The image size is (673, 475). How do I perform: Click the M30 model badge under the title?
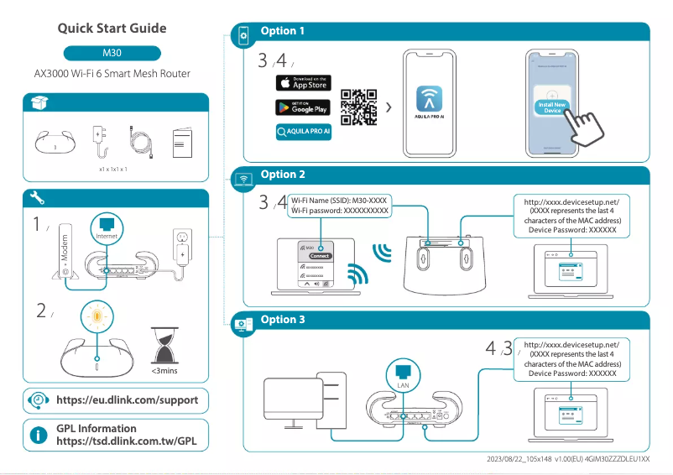coord(112,52)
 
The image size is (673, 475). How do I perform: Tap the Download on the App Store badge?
coord(303,83)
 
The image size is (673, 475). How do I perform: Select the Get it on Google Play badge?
coord(303,107)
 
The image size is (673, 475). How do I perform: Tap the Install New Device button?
coord(552,107)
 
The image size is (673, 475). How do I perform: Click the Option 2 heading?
coord(283,175)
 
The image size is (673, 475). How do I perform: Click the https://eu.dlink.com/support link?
coord(127,400)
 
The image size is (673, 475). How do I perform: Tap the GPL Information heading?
coord(96,429)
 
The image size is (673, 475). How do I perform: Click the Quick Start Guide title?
coord(112,28)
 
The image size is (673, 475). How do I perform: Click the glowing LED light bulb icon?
coord(97,316)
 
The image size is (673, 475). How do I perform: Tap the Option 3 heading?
coord(283,320)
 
